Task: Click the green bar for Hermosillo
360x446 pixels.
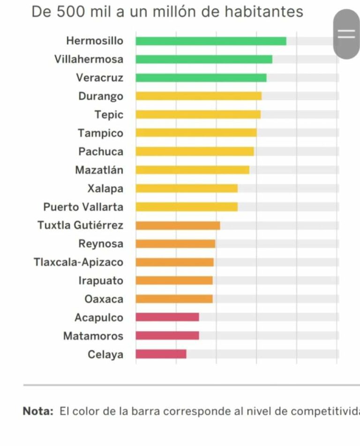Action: coord(211,41)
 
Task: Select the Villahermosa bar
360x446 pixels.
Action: coord(204,59)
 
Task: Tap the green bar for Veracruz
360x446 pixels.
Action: coord(201,78)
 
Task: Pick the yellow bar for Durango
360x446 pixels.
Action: coord(199,96)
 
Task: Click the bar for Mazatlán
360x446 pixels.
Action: coord(193,170)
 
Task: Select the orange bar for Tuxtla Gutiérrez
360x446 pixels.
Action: coord(178,225)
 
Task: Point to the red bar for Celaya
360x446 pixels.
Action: coord(161,354)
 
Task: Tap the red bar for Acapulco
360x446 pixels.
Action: coord(167,317)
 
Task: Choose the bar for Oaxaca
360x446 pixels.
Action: coord(174,299)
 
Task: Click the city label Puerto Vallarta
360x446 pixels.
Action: coord(83,207)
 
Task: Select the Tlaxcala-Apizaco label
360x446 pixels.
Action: coord(78,262)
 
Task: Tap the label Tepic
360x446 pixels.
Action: coord(109,115)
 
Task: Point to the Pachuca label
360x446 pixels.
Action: coord(101,152)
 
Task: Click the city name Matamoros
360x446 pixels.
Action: coord(93,336)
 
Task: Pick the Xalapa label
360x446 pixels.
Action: coord(105,189)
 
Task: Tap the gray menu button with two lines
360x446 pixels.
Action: coord(346,34)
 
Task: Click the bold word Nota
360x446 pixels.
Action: coord(38,411)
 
